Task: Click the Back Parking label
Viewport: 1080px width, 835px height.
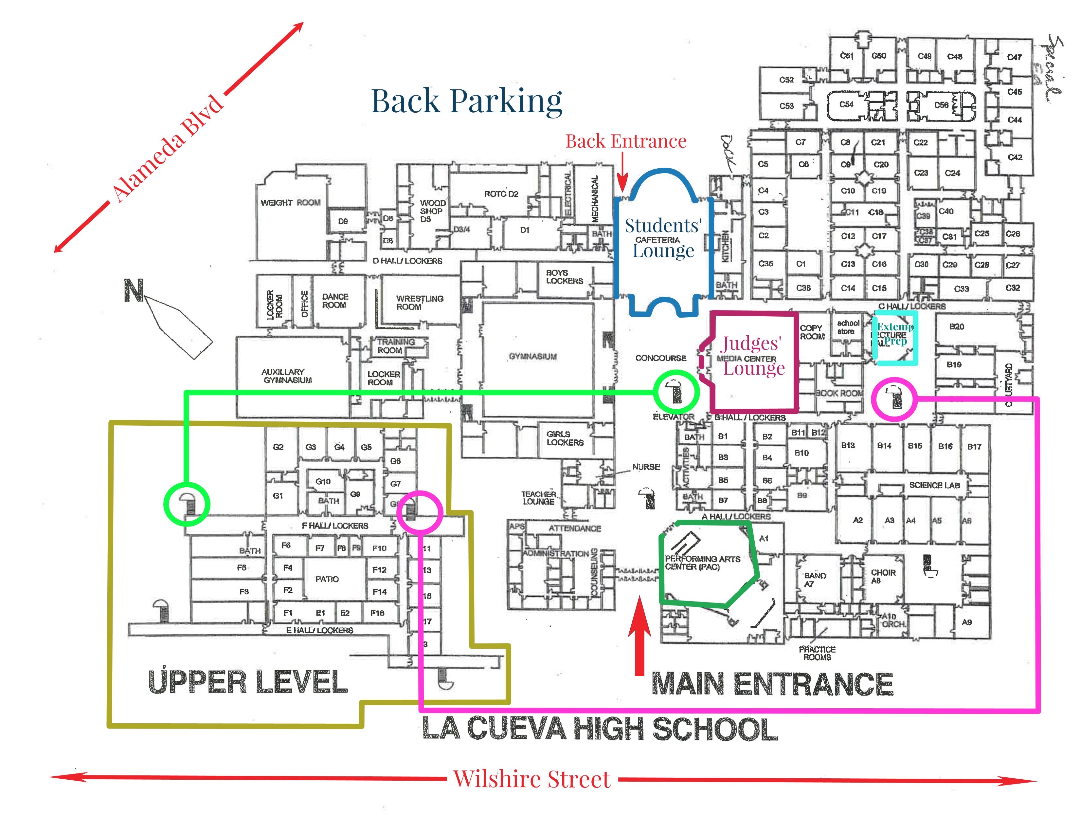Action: (466, 102)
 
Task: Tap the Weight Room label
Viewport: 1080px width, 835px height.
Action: (290, 203)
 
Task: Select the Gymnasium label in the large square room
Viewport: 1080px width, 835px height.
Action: (532, 356)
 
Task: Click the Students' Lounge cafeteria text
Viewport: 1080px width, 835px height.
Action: (663, 238)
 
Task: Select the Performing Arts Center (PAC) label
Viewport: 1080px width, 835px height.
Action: (702, 563)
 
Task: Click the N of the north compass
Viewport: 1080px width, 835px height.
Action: (134, 290)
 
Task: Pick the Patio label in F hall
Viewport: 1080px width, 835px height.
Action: (327, 579)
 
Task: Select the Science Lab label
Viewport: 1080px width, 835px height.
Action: (934, 485)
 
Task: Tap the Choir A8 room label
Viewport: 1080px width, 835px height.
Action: (883, 576)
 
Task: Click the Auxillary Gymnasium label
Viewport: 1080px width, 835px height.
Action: (287, 376)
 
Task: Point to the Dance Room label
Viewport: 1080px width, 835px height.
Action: (335, 301)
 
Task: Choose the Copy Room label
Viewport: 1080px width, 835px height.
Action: (812, 332)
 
